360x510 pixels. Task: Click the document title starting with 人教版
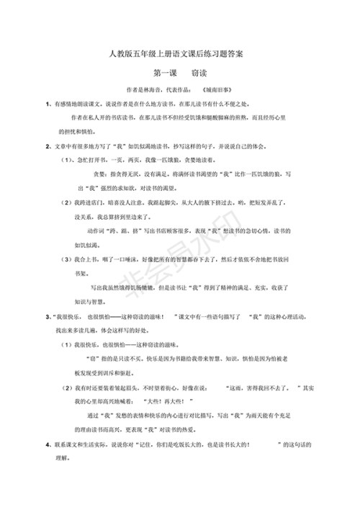[180, 53]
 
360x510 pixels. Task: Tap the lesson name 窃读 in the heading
[199, 73]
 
